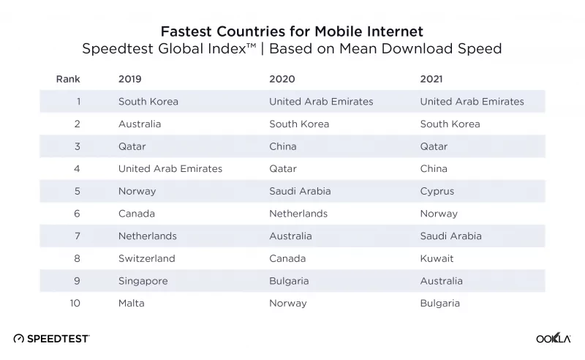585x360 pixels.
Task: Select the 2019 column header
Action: pyautogui.click(x=129, y=79)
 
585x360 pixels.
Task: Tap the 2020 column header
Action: pyautogui.click(x=281, y=79)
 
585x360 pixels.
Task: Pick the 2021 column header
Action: pyautogui.click(x=431, y=79)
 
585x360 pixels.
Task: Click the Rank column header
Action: pyautogui.click(x=68, y=79)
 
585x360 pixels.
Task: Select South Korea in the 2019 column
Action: pyautogui.click(x=148, y=102)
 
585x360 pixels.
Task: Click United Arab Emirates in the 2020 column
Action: pyautogui.click(x=321, y=102)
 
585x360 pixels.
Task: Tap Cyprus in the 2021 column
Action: pyautogui.click(x=437, y=192)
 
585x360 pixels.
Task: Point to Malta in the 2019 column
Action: pyautogui.click(x=131, y=303)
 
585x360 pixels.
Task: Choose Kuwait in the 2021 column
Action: pyautogui.click(x=437, y=258)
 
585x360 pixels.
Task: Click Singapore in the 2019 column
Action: pyautogui.click(x=143, y=281)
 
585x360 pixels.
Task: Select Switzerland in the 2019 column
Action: pyautogui.click(x=146, y=258)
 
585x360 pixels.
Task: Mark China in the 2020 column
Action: pyautogui.click(x=282, y=146)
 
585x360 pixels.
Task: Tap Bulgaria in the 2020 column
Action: pyautogui.click(x=289, y=281)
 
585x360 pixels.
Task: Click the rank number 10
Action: pyautogui.click(x=75, y=303)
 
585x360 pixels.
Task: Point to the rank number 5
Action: pyautogui.click(x=77, y=192)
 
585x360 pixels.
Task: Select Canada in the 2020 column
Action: pyautogui.click(x=288, y=258)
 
